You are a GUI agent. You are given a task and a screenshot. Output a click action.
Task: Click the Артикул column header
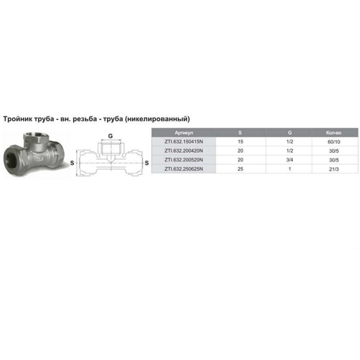184,133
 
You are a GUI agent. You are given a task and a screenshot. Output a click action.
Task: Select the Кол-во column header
334,133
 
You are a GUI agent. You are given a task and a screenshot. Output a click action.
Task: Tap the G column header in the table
289,133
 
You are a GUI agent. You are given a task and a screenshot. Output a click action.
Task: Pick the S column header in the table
240,133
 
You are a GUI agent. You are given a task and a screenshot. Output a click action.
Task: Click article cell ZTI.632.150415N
184,142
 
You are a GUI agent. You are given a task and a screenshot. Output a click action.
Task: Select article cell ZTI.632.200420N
184,151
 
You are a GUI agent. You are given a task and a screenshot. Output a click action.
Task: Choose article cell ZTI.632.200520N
184,160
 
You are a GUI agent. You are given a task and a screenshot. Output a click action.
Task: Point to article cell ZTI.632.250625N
184,169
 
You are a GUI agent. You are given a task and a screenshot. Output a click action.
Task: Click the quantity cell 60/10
334,142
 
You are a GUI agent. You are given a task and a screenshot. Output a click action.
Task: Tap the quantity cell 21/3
334,169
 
